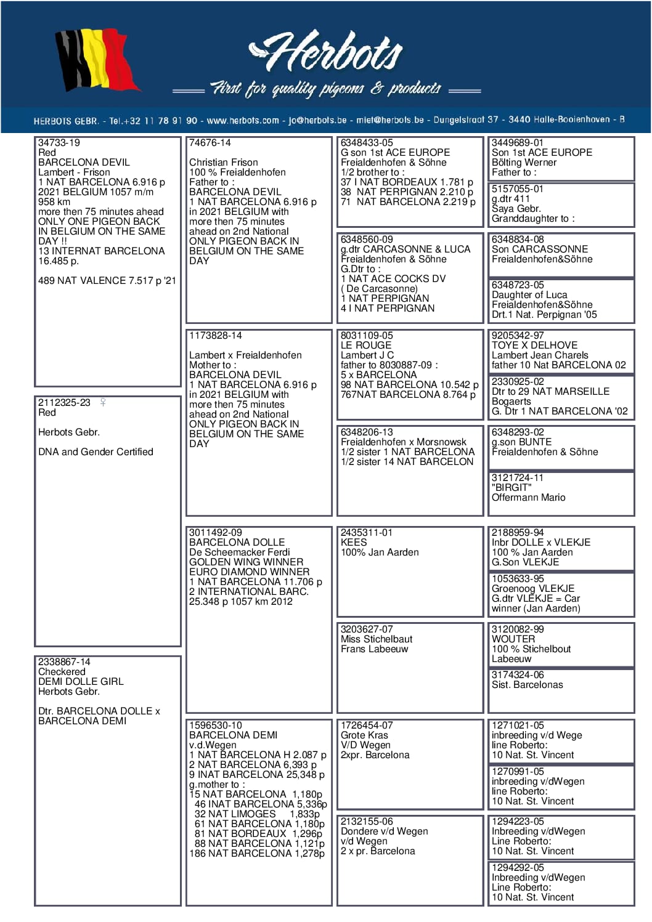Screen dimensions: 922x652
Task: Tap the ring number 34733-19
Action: point(59,143)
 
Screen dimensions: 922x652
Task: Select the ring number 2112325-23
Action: point(64,403)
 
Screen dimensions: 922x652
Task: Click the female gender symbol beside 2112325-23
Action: point(103,402)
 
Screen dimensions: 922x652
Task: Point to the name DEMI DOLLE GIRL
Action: point(81,682)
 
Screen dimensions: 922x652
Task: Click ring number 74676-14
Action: point(210,143)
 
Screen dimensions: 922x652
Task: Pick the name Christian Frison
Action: point(224,163)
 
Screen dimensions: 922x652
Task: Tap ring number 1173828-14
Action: point(216,336)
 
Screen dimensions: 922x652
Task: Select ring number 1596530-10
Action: point(216,726)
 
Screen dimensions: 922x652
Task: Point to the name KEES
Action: point(354,543)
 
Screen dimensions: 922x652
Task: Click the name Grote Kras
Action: point(364,735)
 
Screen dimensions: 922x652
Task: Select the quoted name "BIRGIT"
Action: point(511,488)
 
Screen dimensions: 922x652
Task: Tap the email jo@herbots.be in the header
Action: point(318,120)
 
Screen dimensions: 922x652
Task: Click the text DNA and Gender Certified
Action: point(96,452)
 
